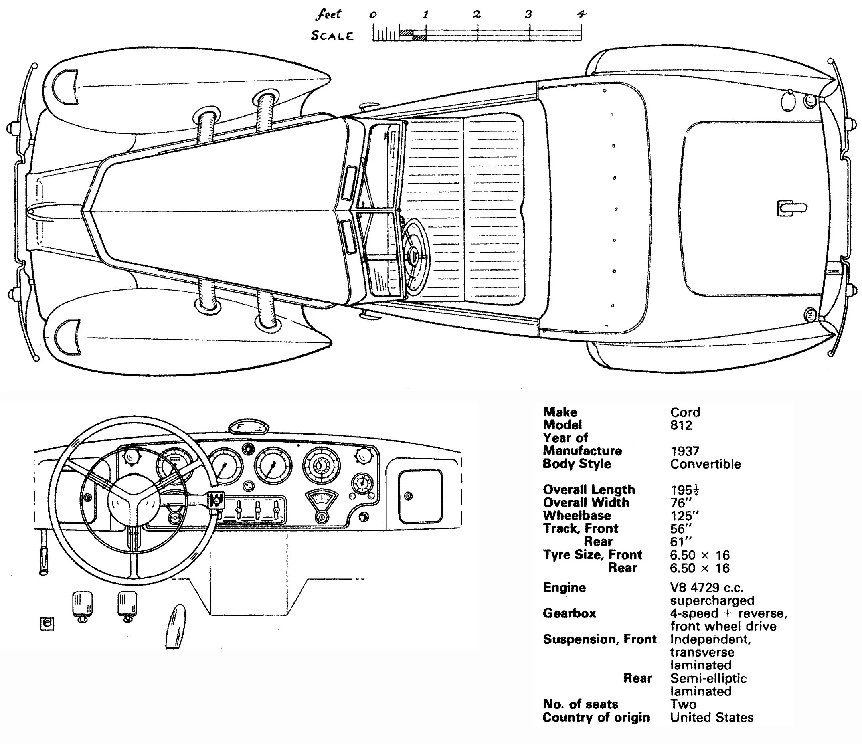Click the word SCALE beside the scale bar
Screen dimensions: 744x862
coord(332,36)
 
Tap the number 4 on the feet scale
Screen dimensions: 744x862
coord(581,14)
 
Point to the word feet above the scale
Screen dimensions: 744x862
coord(329,14)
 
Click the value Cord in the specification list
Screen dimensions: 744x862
coord(685,412)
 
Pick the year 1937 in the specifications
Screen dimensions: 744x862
coord(685,451)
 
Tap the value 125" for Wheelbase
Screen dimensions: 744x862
coord(684,516)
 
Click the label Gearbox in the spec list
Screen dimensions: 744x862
coord(569,613)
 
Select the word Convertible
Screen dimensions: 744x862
coord(706,464)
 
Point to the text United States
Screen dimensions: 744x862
coord(712,717)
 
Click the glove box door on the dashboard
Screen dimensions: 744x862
coord(420,496)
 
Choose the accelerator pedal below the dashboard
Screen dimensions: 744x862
coord(174,626)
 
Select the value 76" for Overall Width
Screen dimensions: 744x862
coord(680,503)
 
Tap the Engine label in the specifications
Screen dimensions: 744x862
coord(564,587)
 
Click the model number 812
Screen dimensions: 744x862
coord(681,425)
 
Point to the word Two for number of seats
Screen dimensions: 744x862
coord(683,704)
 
